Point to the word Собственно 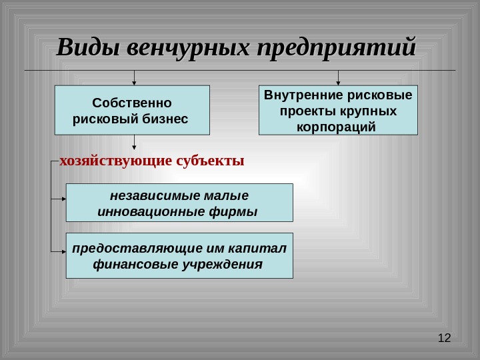click(x=132, y=103)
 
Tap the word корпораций click(x=338, y=126)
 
